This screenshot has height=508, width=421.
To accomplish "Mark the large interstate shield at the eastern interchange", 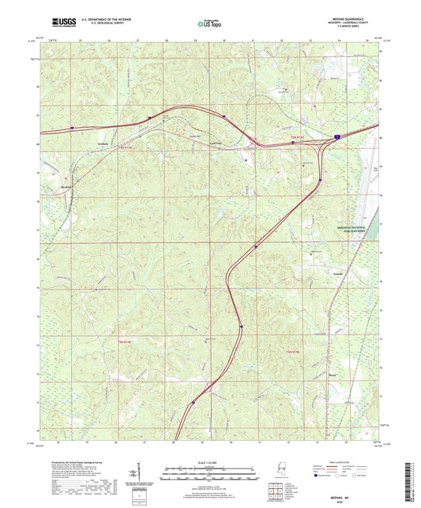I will click(x=336, y=136).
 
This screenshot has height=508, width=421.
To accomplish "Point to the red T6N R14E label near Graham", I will click(x=117, y=148).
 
